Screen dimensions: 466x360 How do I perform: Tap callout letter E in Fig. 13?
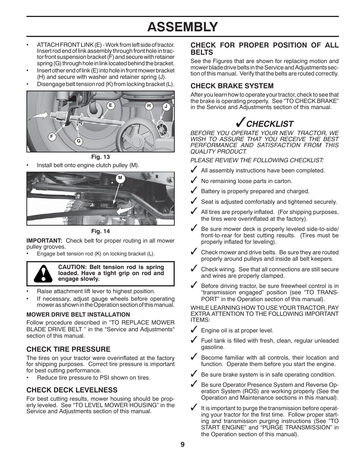[x=111, y=106]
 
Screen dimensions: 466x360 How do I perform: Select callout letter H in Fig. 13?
[x=149, y=106]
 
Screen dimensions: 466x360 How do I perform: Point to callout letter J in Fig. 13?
[x=166, y=107]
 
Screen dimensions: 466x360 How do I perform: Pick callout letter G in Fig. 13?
[x=79, y=141]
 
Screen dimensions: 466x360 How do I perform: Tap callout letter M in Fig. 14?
[x=120, y=178]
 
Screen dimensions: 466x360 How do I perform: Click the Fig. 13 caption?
[x=100, y=157]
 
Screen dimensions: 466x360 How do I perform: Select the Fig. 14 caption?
[x=100, y=231]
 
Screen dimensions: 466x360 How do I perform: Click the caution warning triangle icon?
[x=43, y=274]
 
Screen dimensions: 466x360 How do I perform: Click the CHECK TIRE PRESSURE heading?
[x=68, y=349]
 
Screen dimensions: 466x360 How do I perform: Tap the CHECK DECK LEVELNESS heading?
[x=72, y=390]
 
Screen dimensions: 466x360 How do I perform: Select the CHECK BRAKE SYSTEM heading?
[x=232, y=86]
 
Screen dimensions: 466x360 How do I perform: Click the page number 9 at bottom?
[x=183, y=444]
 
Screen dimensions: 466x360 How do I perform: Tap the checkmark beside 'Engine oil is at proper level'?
[x=194, y=330]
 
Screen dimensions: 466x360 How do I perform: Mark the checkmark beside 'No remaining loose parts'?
[x=194, y=180]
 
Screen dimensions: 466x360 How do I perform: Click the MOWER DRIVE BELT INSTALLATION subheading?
[x=78, y=314]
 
